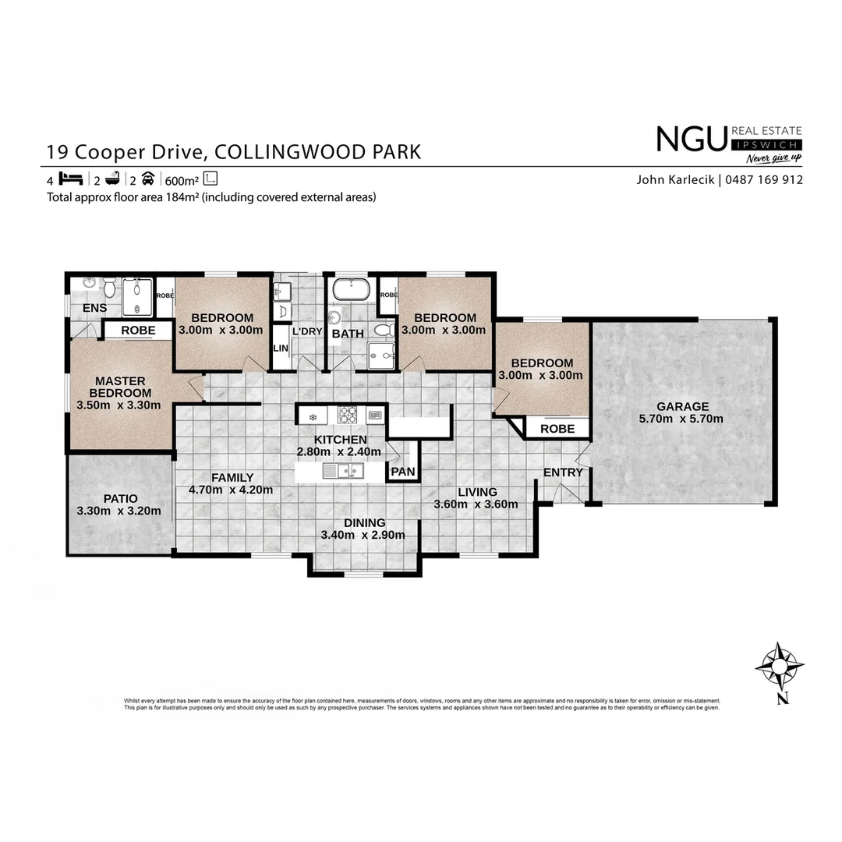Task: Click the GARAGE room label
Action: pyautogui.click(x=682, y=406)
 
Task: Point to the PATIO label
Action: pyautogui.click(x=119, y=498)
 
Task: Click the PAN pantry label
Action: pyautogui.click(x=403, y=472)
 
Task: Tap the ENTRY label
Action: pyautogui.click(x=563, y=472)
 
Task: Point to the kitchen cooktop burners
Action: pyautogui.click(x=347, y=415)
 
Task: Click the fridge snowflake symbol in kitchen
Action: pyautogui.click(x=313, y=417)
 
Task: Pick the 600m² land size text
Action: pyautogui.click(x=181, y=179)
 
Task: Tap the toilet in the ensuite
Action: pyautogui.click(x=110, y=290)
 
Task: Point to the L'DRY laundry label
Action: pyautogui.click(x=307, y=331)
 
